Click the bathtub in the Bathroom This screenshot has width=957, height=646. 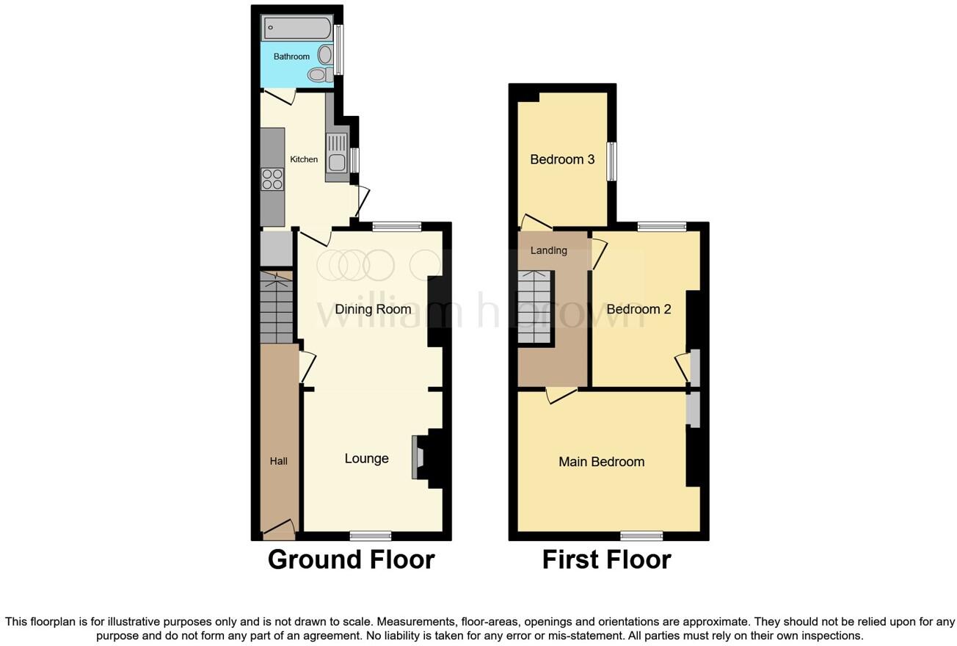pyautogui.click(x=297, y=28)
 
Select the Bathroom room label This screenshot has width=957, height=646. pyautogui.click(x=291, y=57)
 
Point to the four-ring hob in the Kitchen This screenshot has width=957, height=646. pyautogui.click(x=272, y=179)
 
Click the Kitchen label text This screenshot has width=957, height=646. pyautogui.click(x=304, y=159)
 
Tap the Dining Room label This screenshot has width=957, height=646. pyautogui.click(x=373, y=309)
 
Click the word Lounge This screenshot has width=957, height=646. pyautogui.click(x=366, y=459)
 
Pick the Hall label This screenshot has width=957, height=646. pyautogui.click(x=278, y=461)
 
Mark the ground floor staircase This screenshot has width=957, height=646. pyautogui.click(x=277, y=307)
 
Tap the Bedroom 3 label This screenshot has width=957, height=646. pyautogui.click(x=562, y=159)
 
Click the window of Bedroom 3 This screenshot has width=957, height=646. pyautogui.click(x=611, y=161)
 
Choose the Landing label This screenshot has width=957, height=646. pyautogui.click(x=548, y=250)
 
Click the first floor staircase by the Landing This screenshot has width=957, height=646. pyautogui.click(x=535, y=308)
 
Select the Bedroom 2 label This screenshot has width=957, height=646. pyautogui.click(x=638, y=309)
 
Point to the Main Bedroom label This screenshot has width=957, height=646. pyautogui.click(x=601, y=462)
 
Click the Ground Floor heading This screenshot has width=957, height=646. pyautogui.click(x=351, y=559)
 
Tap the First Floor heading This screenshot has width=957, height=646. pyautogui.click(x=606, y=559)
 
